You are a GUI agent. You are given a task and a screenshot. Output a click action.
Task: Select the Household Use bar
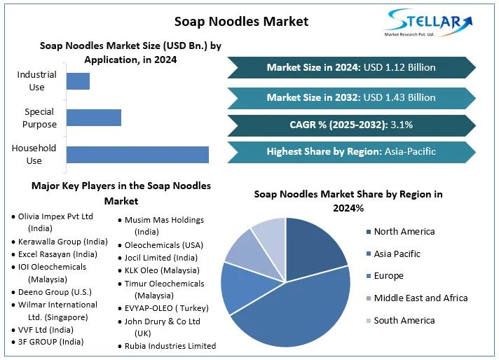click(x=137, y=154)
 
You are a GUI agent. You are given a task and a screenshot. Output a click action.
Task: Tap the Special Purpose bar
click(x=93, y=118)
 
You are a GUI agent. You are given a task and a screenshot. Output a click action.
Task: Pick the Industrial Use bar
click(x=78, y=81)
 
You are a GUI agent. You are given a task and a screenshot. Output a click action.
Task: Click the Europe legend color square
click(x=368, y=276)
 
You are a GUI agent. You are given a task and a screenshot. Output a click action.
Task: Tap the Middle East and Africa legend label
click(x=421, y=298)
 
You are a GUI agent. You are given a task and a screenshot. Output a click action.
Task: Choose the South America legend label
click(x=404, y=320)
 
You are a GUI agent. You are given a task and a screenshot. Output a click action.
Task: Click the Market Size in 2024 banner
click(x=351, y=67)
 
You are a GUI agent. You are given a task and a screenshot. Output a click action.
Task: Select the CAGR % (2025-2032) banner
click(x=351, y=125)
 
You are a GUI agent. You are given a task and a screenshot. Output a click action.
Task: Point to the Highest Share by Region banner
click(x=351, y=151)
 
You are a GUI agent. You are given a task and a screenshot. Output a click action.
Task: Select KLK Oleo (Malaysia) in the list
click(x=160, y=270)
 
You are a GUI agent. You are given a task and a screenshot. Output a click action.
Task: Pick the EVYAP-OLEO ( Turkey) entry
click(x=165, y=308)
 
